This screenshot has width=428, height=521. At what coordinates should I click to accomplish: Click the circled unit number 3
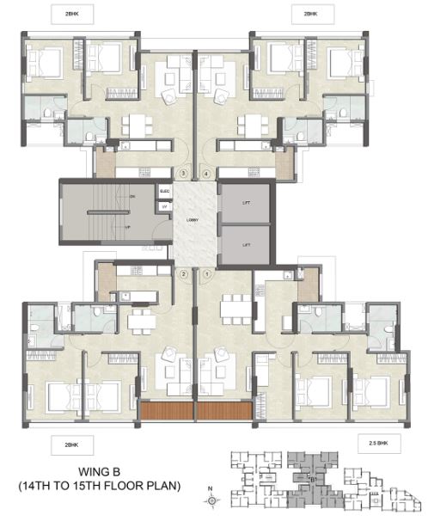(182, 173)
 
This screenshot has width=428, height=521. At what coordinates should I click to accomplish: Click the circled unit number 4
(206, 173)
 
